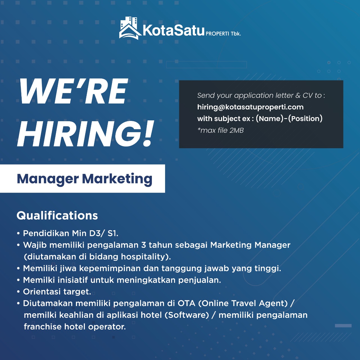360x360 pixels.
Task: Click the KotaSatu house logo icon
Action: coord(130,28)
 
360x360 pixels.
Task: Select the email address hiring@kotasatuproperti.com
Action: coord(250,107)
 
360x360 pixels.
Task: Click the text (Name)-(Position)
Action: coord(289,119)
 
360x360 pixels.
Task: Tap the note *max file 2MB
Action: coord(220,130)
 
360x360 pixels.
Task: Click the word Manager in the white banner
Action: coord(48,179)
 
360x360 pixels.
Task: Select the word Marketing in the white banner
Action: coord(117,179)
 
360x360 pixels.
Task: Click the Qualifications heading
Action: coord(57,216)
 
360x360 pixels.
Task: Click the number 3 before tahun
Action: coord(143,245)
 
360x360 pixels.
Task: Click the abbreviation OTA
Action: coord(186,303)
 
